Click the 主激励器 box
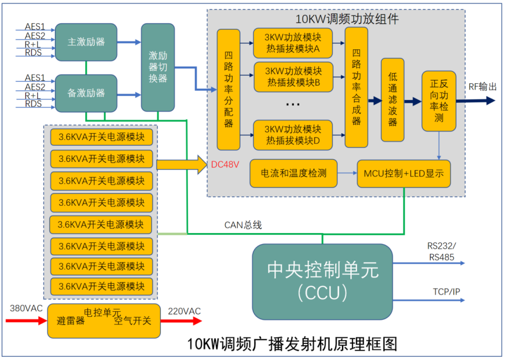(x=86, y=42)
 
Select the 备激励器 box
(x=86, y=93)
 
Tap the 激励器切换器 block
(x=158, y=67)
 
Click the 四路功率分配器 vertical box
(x=228, y=89)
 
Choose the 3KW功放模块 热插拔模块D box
(x=293, y=134)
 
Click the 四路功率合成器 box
(x=356, y=87)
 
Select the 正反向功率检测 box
(x=439, y=102)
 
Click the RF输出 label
(x=482, y=87)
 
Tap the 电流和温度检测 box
(x=294, y=173)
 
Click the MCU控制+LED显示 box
(x=403, y=173)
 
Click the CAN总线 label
(x=243, y=225)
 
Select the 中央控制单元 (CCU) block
(x=322, y=281)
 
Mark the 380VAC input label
(x=25, y=308)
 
